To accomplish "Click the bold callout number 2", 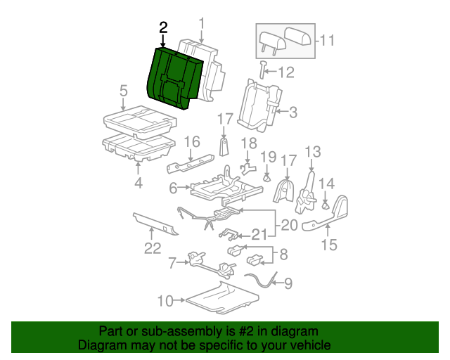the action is point(164,28).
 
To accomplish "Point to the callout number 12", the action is point(285,72).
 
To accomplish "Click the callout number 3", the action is point(292,111).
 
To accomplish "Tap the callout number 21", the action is point(259,234).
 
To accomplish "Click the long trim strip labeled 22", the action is point(155,224).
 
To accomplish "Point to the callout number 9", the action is point(286,284).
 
